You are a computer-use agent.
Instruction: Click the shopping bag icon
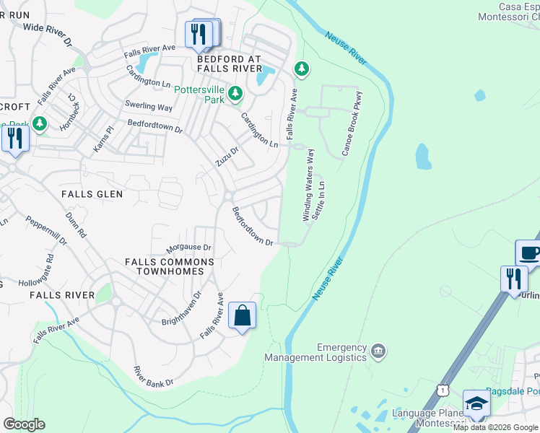pyautogui.click(x=243, y=315)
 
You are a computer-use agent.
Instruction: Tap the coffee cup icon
pyautogui.click(x=529, y=253)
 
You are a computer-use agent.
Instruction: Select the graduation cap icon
pyautogui.click(x=476, y=404)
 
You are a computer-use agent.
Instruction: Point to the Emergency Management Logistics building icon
pyautogui.click(x=378, y=351)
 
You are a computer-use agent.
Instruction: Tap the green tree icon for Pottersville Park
pyautogui.click(x=235, y=93)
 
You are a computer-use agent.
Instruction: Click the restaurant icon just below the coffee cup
pyautogui.click(x=514, y=279)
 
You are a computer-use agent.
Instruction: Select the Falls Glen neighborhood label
pyautogui.click(x=92, y=194)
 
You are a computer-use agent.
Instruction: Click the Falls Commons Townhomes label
pyautogui.click(x=169, y=267)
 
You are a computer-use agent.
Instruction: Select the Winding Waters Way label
pyautogui.click(x=308, y=185)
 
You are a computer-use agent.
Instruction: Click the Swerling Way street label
pyautogui.click(x=149, y=106)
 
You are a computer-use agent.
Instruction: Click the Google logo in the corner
pyautogui.click(x=24, y=424)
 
